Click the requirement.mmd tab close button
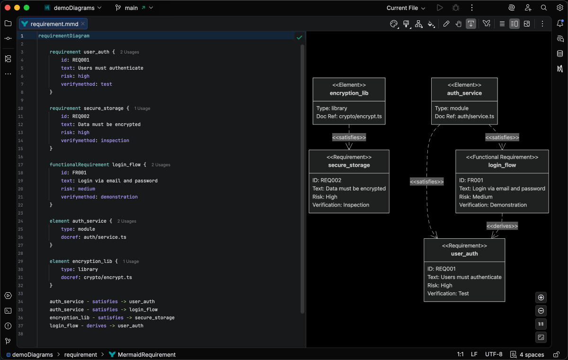click(83, 24)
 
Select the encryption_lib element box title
click(349, 93)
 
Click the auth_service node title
click(464, 93)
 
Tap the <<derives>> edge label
click(502, 226)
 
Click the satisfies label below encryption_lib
click(349, 137)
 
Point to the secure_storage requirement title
click(349, 165)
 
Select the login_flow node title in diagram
click(502, 165)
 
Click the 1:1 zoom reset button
click(541, 324)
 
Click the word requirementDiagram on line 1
click(64, 36)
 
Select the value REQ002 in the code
click(81, 116)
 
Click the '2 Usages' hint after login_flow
click(160, 165)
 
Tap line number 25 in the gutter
click(21, 229)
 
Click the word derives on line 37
click(96, 325)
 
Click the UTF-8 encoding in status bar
click(494, 354)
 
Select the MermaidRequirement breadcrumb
click(146, 354)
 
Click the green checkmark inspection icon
click(299, 37)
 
